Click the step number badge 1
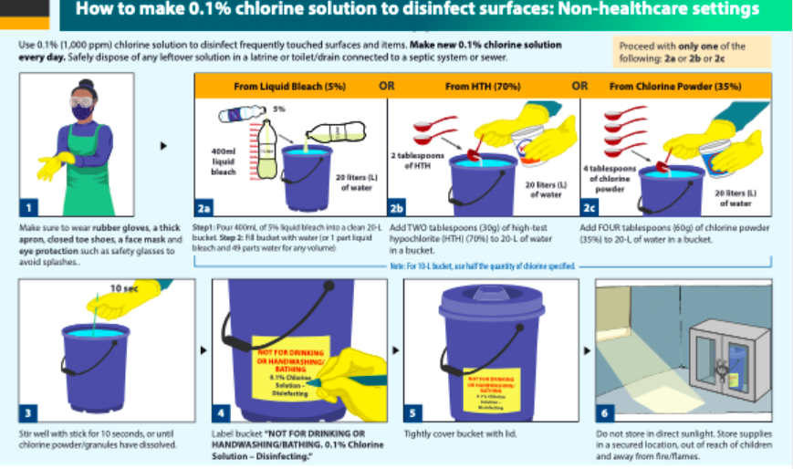click(29, 207)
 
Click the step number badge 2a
click(205, 207)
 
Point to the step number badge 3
click(29, 412)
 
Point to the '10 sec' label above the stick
click(124, 288)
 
